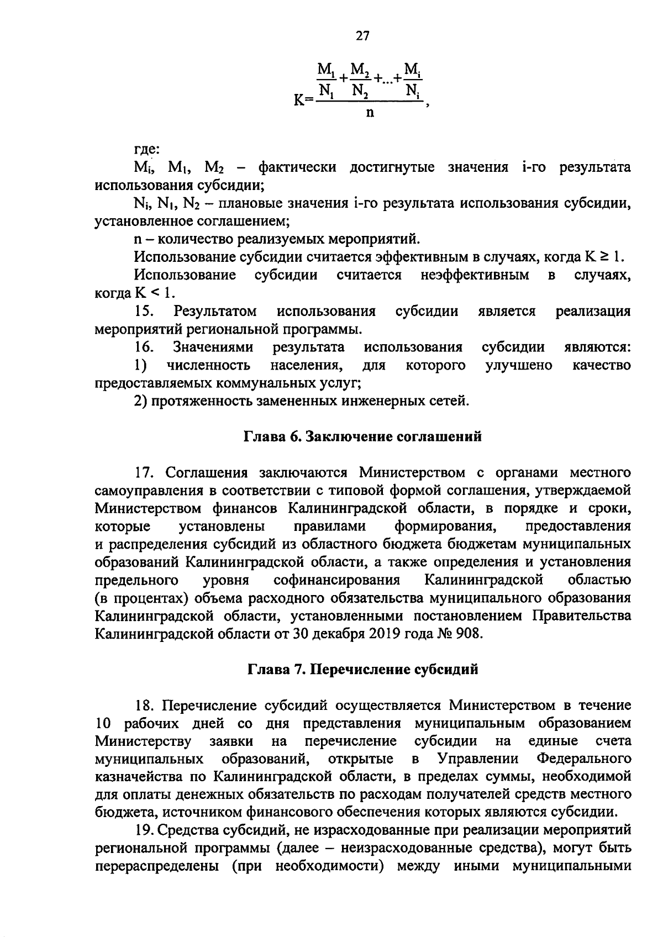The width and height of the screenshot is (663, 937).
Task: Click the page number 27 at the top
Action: pos(362,36)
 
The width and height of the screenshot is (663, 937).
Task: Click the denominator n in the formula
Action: pos(369,113)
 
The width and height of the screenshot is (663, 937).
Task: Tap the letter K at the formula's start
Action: pos(299,102)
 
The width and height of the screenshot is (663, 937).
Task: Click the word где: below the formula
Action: pos(148,149)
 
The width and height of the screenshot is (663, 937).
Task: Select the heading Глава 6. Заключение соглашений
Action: pos(363,436)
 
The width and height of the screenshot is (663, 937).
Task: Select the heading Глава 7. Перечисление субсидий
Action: pos(362,670)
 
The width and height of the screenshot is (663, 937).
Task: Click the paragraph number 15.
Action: pos(144,311)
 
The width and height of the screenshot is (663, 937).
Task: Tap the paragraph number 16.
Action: pos(144,347)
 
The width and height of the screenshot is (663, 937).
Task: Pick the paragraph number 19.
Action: pos(145,829)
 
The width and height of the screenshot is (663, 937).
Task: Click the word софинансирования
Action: pos(336,580)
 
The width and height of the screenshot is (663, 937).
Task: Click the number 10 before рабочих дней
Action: pos(103,723)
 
